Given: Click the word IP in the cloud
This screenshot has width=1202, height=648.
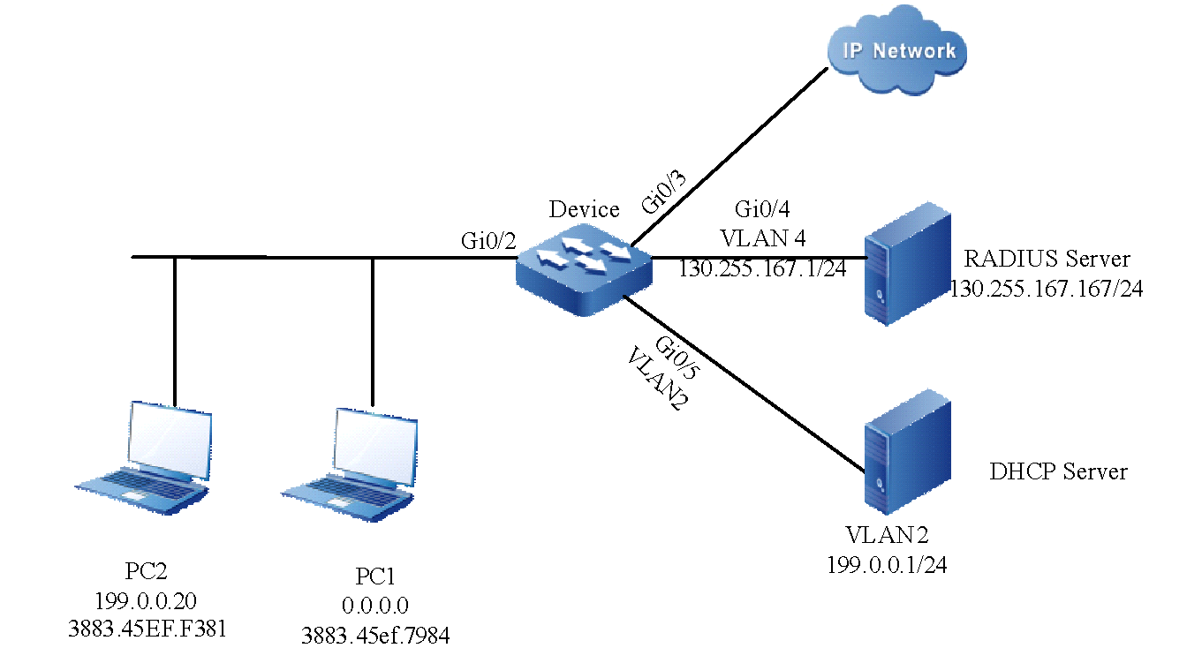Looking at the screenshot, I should pyautogui.click(x=854, y=49).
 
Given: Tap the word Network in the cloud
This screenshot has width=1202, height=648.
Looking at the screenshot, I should pyautogui.click(x=914, y=50).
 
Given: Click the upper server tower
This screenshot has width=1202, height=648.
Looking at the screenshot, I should pyautogui.click(x=907, y=263).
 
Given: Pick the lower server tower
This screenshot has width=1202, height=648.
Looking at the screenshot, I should pyautogui.click(x=907, y=451).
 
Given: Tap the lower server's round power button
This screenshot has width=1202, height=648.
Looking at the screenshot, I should pyautogui.click(x=881, y=483).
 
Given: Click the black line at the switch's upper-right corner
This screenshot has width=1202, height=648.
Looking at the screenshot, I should pyautogui.click(x=643, y=234).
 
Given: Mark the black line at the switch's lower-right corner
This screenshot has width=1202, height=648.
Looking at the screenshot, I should pyautogui.click(x=639, y=305).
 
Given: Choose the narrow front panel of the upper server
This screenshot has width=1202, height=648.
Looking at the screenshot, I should pyautogui.click(x=876, y=278).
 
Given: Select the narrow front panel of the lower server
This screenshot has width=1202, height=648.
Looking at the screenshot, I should pyautogui.click(x=876, y=465).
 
